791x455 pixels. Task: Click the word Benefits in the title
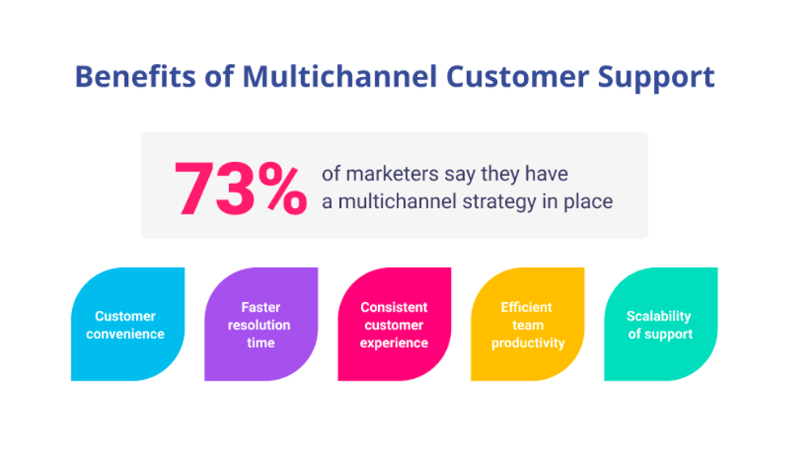pyautogui.click(x=135, y=77)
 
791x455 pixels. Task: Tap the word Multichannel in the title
pyautogui.click(x=339, y=77)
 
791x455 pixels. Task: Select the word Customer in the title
pyautogui.click(x=517, y=77)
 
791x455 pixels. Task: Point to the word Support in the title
pyautogui.click(x=657, y=79)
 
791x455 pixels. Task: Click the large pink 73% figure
pyautogui.click(x=240, y=189)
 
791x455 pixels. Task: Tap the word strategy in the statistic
pyautogui.click(x=500, y=202)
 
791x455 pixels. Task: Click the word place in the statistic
pyautogui.click(x=589, y=202)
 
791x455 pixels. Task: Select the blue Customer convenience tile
pyautogui.click(x=128, y=324)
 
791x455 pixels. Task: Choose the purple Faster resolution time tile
pyautogui.click(x=261, y=324)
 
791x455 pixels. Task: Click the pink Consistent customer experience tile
pyautogui.click(x=394, y=324)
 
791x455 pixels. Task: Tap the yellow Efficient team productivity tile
pyautogui.click(x=527, y=324)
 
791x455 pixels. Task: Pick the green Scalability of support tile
pyautogui.click(x=661, y=324)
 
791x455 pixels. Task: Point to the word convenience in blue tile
pyautogui.click(x=125, y=334)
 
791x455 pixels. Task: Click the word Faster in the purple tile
pyautogui.click(x=261, y=307)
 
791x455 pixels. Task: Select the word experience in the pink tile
pyautogui.click(x=394, y=343)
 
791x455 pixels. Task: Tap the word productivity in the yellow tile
pyautogui.click(x=528, y=343)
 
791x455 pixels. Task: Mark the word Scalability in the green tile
pyautogui.click(x=659, y=317)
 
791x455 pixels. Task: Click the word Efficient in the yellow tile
pyautogui.click(x=526, y=307)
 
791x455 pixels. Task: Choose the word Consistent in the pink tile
pyautogui.click(x=394, y=307)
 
